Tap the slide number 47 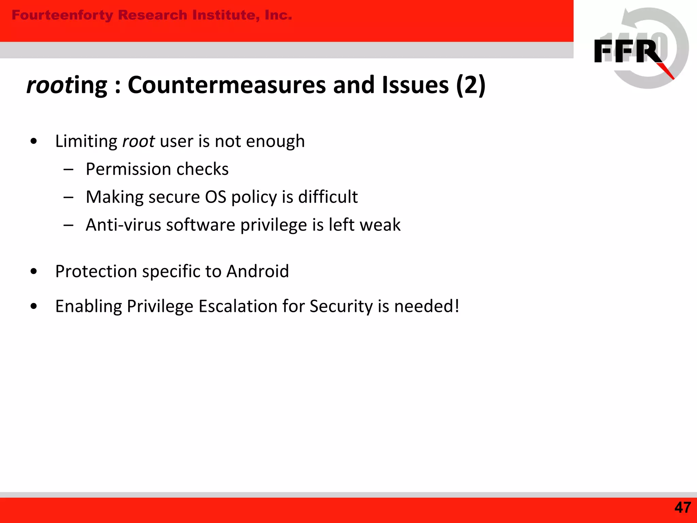pos(682,508)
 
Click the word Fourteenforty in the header pos(62,15)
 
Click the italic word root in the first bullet pos(138,141)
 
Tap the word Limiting pos(86,141)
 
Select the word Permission pos(128,169)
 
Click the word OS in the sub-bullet pos(215,197)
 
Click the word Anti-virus pos(123,225)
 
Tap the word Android pos(257,271)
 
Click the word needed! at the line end pos(427,306)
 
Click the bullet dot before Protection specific pos(33,271)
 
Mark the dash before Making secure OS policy pos(68,197)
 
